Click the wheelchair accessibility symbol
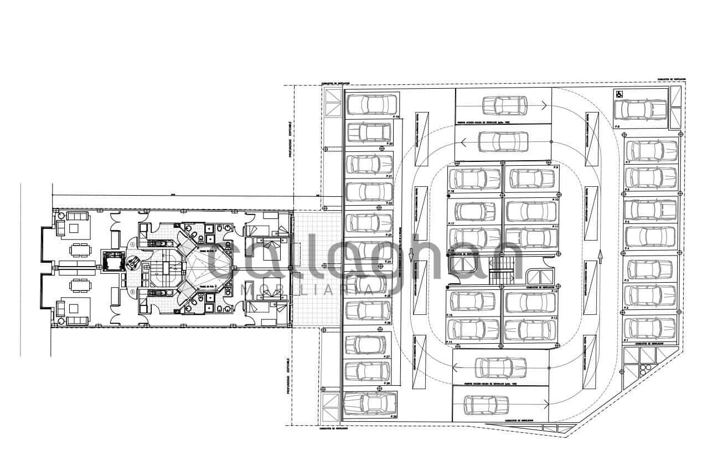click(x=620, y=94)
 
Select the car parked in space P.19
click(x=371, y=104)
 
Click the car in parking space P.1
click(x=650, y=328)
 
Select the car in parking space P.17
click(x=475, y=211)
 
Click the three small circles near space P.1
click(x=645, y=369)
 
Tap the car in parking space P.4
click(x=650, y=237)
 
